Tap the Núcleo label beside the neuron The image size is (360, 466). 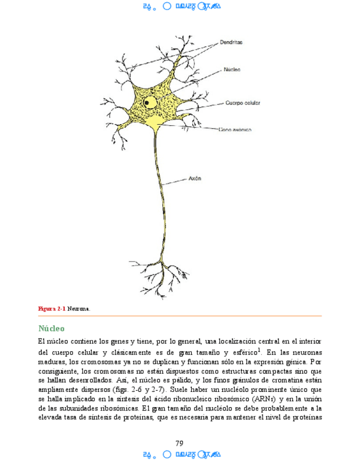point(231,70)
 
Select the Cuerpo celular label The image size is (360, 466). point(242,102)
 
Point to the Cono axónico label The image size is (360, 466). point(235,130)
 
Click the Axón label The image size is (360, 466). point(196,178)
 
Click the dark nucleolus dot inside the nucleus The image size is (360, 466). point(147,102)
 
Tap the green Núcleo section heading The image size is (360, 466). point(52,329)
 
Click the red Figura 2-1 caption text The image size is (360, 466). point(52,309)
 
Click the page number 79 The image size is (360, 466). point(179,443)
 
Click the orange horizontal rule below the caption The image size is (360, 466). point(179,316)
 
